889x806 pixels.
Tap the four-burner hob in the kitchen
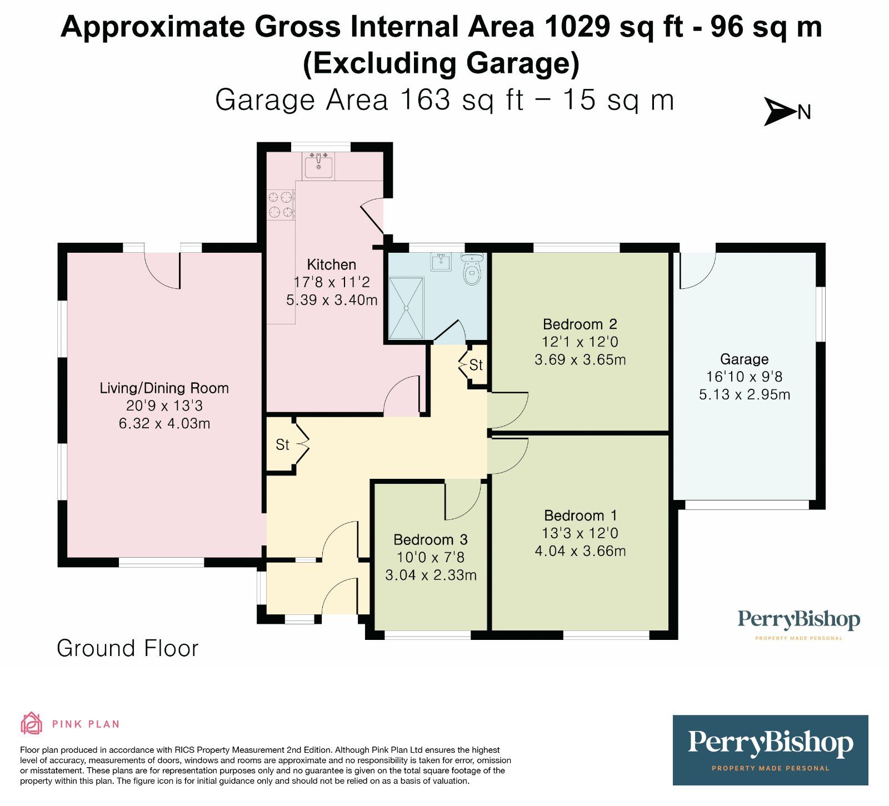coord(281,204)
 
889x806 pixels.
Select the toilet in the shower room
coord(472,270)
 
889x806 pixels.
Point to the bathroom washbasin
coord(442,262)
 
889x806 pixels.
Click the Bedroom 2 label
coord(580,324)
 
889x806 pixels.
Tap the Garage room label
coord(744,359)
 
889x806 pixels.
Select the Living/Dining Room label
coord(164,388)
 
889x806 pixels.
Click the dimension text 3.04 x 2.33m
coord(431,575)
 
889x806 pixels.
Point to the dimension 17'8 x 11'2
coord(332,282)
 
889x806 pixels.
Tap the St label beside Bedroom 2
coord(476,365)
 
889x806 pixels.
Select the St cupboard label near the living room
coord(282,444)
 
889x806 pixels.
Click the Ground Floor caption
coord(127,648)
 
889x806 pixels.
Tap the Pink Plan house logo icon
coord(31,723)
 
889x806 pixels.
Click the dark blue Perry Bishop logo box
coord(770,750)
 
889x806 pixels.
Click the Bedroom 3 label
coord(430,539)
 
